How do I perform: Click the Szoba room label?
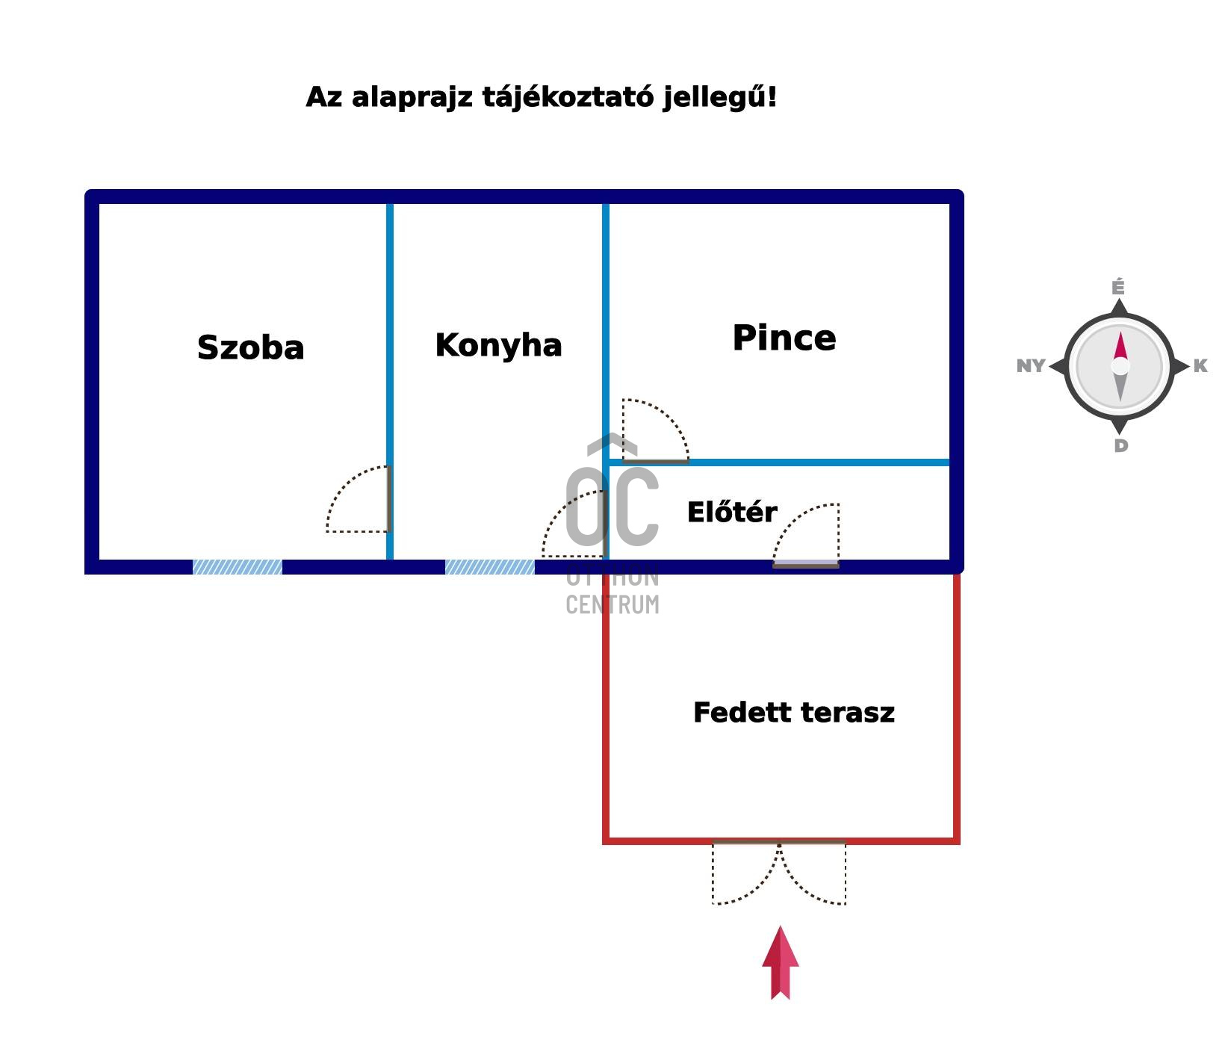point(250,348)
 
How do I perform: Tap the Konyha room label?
point(498,345)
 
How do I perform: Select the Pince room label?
point(784,338)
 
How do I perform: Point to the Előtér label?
point(731,513)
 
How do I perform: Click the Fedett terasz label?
point(793,713)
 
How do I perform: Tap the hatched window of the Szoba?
point(238,567)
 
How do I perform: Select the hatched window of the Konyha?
point(490,567)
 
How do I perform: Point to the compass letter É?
point(1117,288)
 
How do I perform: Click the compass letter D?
point(1120,446)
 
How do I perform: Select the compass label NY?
point(1031,366)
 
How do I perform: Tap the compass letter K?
point(1200,366)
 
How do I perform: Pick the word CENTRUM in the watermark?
point(612,604)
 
